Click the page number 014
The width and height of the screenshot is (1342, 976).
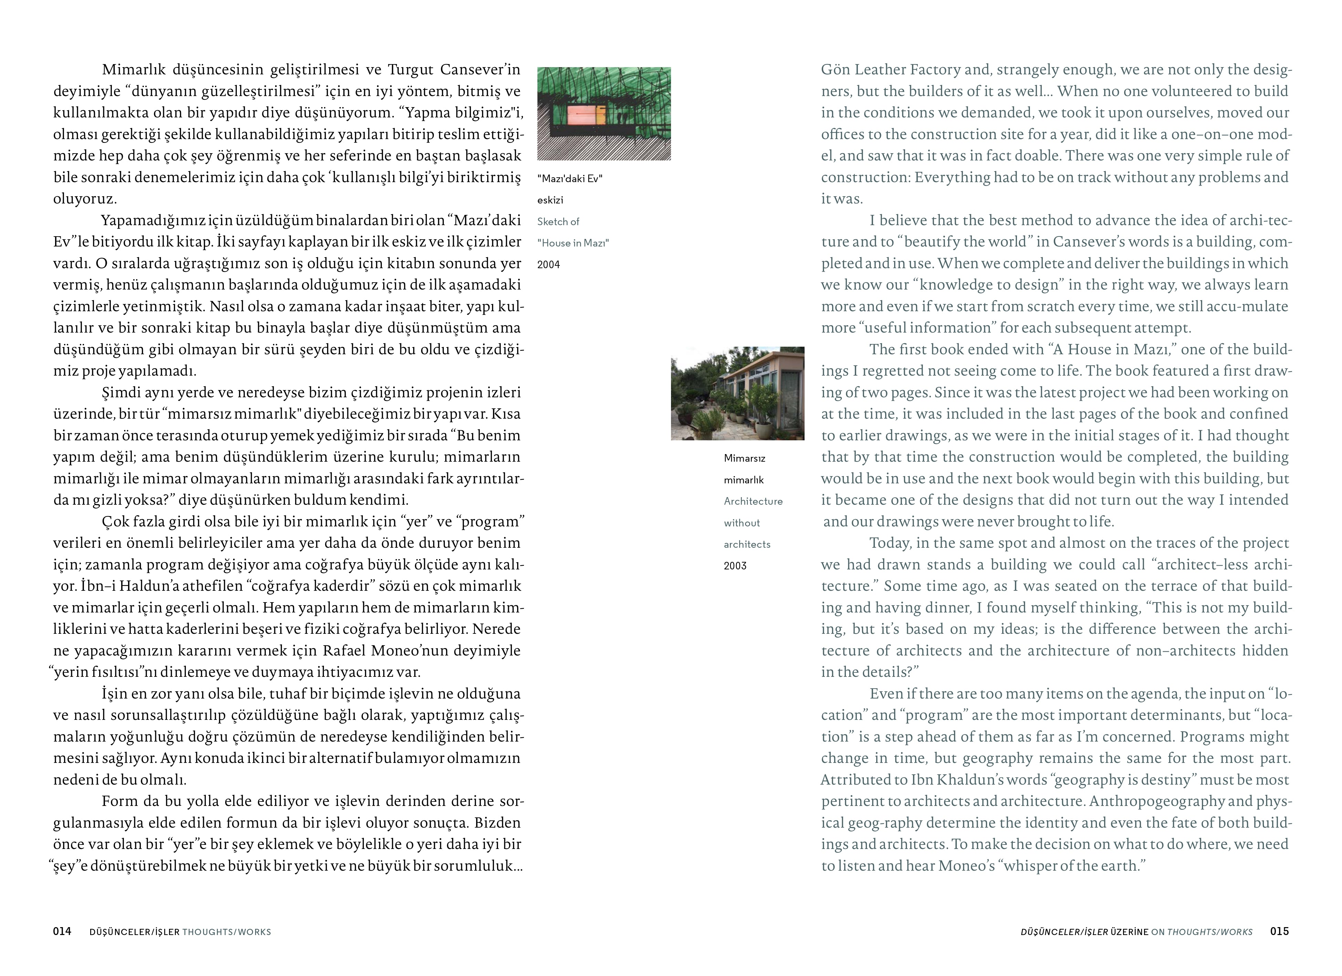[x=62, y=931]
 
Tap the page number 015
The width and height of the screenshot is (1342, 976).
[x=1279, y=931]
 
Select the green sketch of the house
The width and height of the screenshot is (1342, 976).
[x=604, y=114]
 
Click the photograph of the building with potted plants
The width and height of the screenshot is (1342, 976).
[x=737, y=393]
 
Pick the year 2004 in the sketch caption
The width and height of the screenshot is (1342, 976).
[x=548, y=264]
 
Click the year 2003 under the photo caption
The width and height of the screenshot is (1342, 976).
[x=735, y=566]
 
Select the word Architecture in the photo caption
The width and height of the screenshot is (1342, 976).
[x=753, y=501]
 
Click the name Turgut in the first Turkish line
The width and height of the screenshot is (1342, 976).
[x=411, y=70]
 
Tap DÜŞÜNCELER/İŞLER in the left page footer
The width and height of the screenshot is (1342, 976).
[x=134, y=932]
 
